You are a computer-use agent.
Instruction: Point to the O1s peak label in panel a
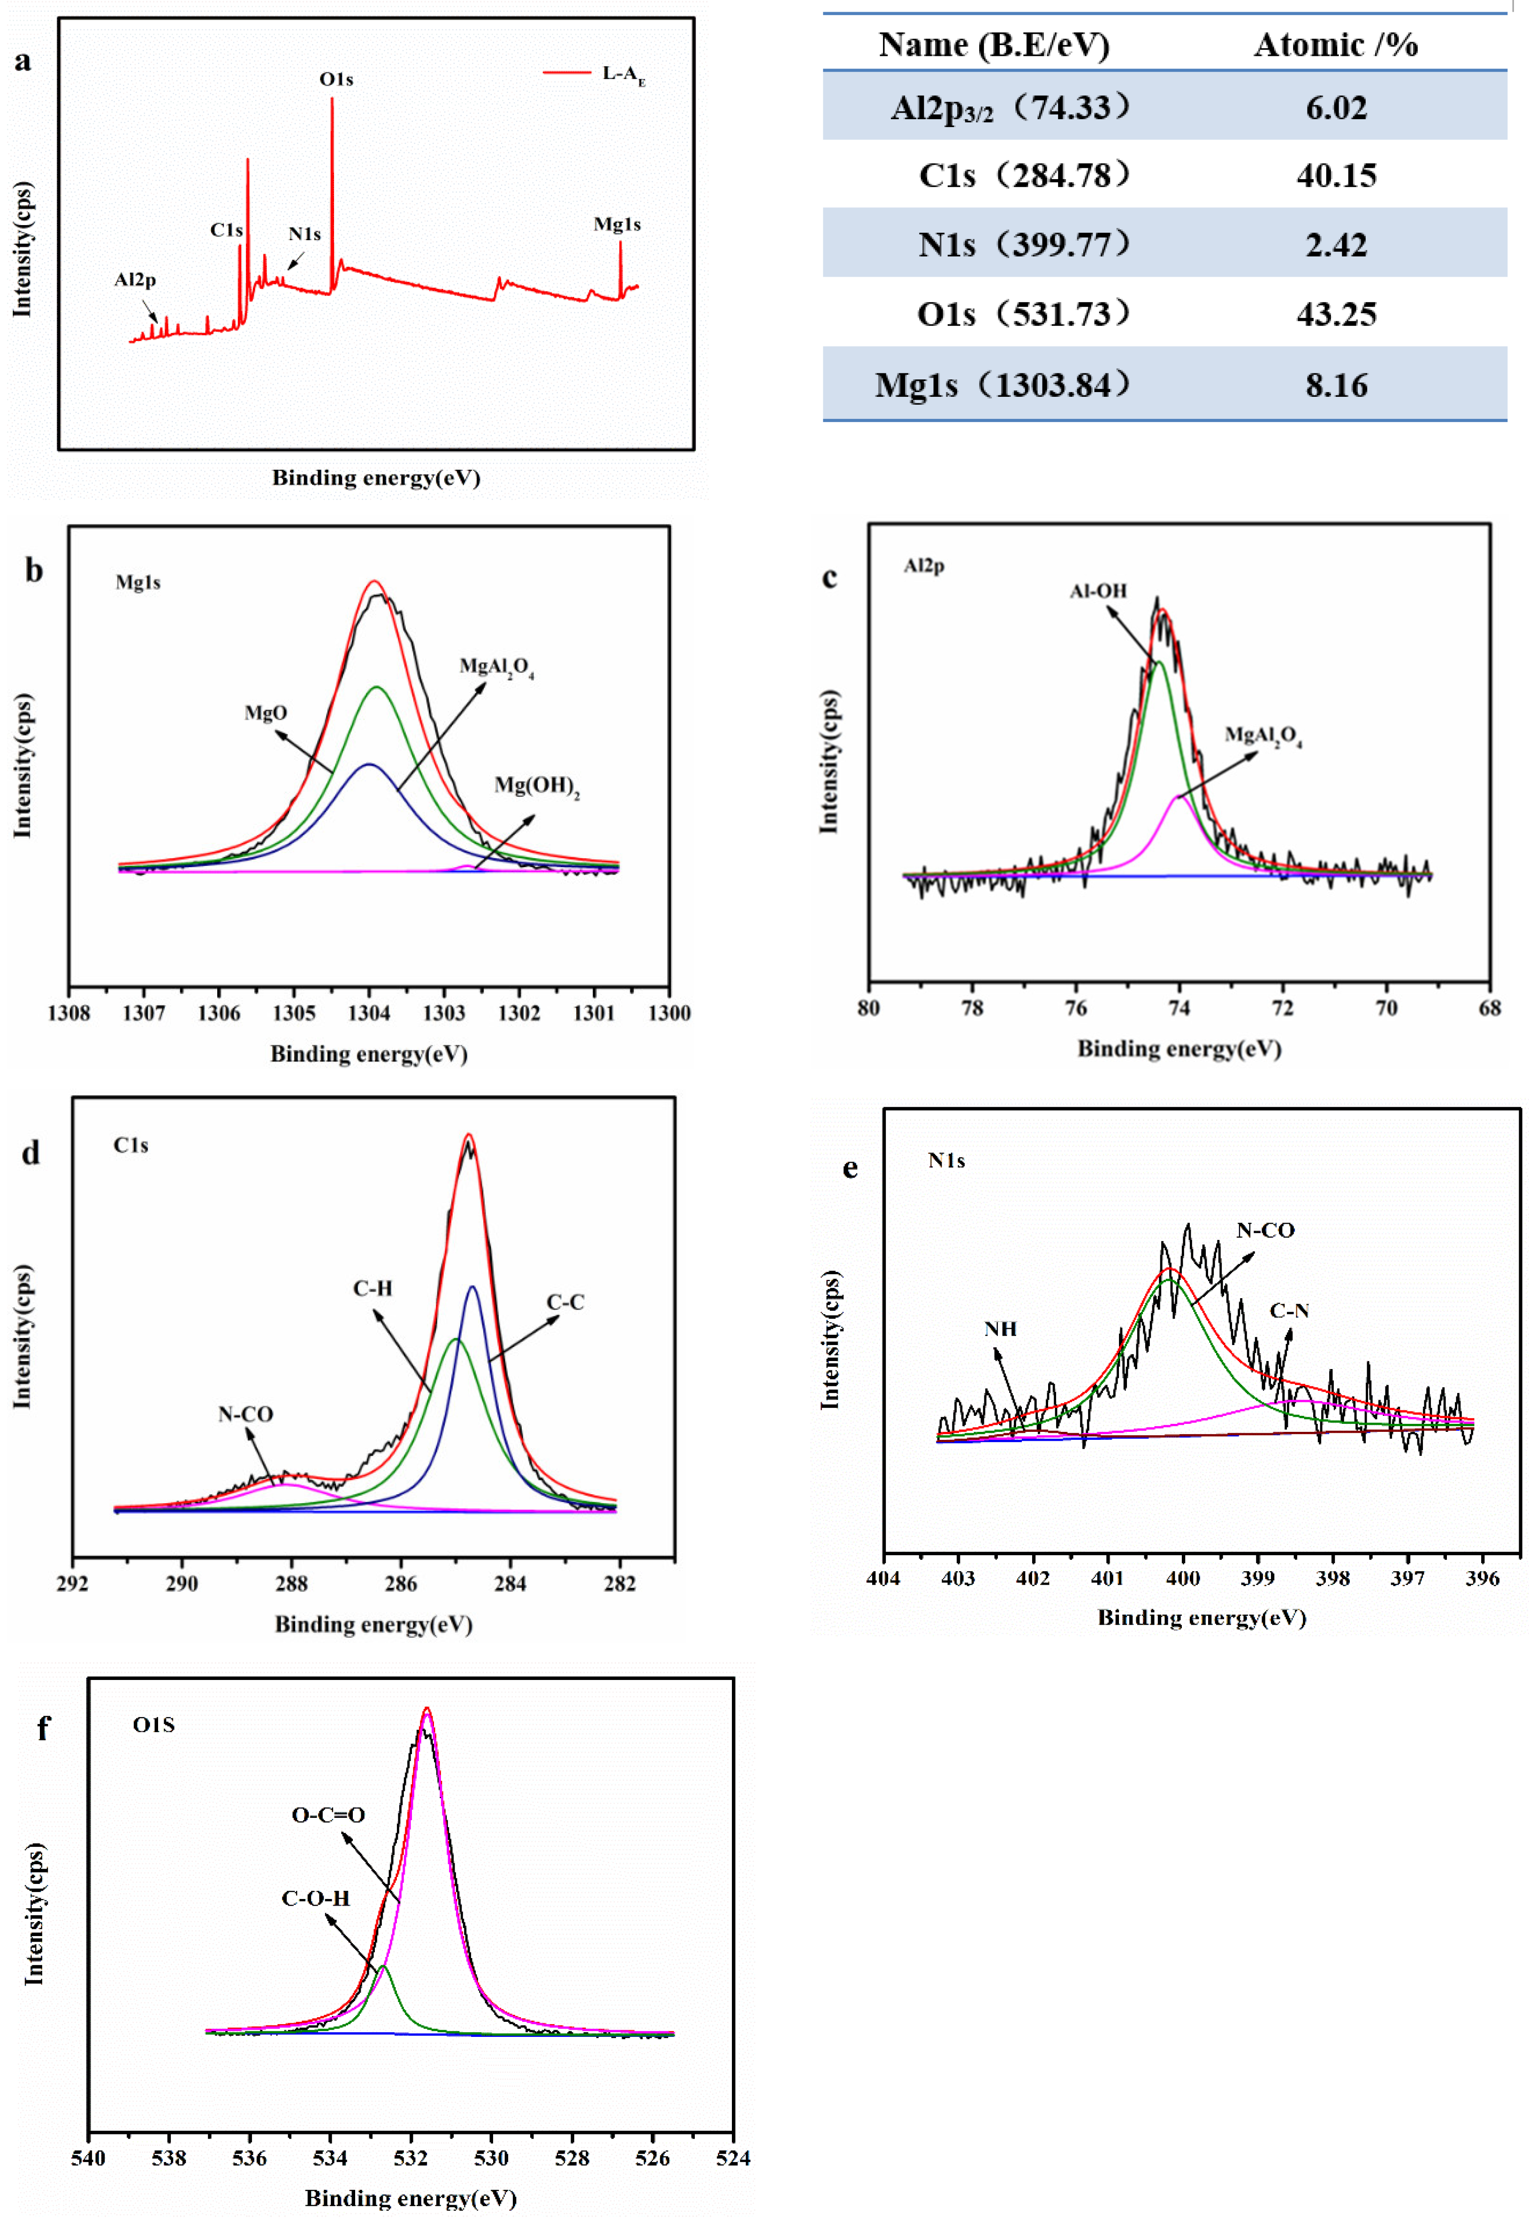point(336,80)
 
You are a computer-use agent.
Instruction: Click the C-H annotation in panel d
point(373,1288)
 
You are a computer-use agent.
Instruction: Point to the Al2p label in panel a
point(135,280)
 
